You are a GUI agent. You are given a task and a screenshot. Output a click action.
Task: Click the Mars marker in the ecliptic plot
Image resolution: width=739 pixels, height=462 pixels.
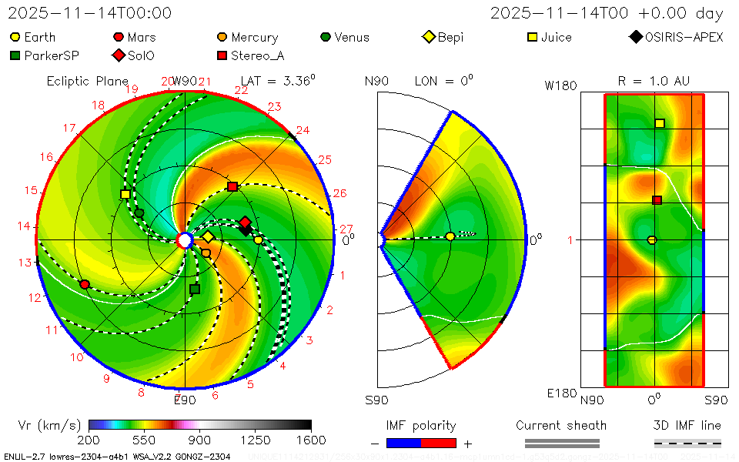[x=85, y=284]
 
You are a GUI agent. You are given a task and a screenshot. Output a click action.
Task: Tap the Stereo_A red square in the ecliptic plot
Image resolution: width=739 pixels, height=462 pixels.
[x=232, y=187]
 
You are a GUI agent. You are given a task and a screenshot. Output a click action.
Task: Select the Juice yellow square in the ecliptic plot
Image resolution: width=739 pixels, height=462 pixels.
[x=125, y=194]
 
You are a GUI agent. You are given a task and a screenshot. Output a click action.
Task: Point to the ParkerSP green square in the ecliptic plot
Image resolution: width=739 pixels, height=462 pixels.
[x=195, y=289]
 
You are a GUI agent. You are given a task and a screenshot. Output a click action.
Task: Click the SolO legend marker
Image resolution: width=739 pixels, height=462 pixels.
[x=118, y=55]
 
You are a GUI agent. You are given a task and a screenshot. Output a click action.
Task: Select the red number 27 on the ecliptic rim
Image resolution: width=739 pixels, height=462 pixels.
[x=346, y=229]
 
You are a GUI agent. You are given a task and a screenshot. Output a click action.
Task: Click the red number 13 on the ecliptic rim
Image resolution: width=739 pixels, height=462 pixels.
[x=25, y=263]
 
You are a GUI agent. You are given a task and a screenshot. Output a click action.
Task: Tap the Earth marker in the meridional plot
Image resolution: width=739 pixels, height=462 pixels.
[x=450, y=236]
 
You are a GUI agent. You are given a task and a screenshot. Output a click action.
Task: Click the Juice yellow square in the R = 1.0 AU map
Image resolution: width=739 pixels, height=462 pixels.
[x=660, y=123]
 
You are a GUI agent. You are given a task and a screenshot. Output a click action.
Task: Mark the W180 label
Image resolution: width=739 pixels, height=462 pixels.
[x=561, y=85]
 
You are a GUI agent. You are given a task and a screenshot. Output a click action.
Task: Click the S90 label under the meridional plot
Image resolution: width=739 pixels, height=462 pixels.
[x=376, y=400]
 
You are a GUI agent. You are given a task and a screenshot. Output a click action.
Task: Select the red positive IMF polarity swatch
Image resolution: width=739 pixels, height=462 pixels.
[x=439, y=443]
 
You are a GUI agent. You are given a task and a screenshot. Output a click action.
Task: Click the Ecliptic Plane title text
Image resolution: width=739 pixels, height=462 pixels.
[x=87, y=81]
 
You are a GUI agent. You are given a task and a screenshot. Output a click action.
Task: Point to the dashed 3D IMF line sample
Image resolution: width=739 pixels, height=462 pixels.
[x=687, y=443]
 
